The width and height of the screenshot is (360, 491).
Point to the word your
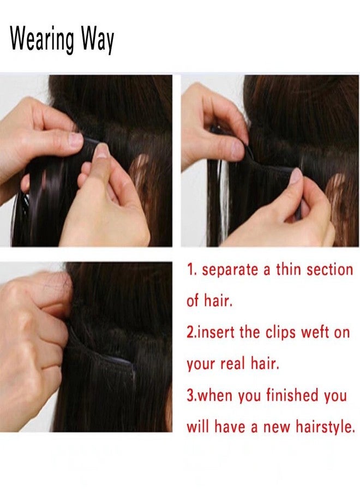pyautogui.click(x=201, y=364)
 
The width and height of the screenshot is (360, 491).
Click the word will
pyautogui.click(x=198, y=427)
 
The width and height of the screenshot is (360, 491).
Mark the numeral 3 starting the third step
pyautogui.click(x=190, y=396)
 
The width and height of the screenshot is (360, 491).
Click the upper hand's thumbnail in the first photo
pyautogui.click(x=76, y=140)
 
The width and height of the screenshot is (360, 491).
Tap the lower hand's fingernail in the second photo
pyautogui.click(x=296, y=176)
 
